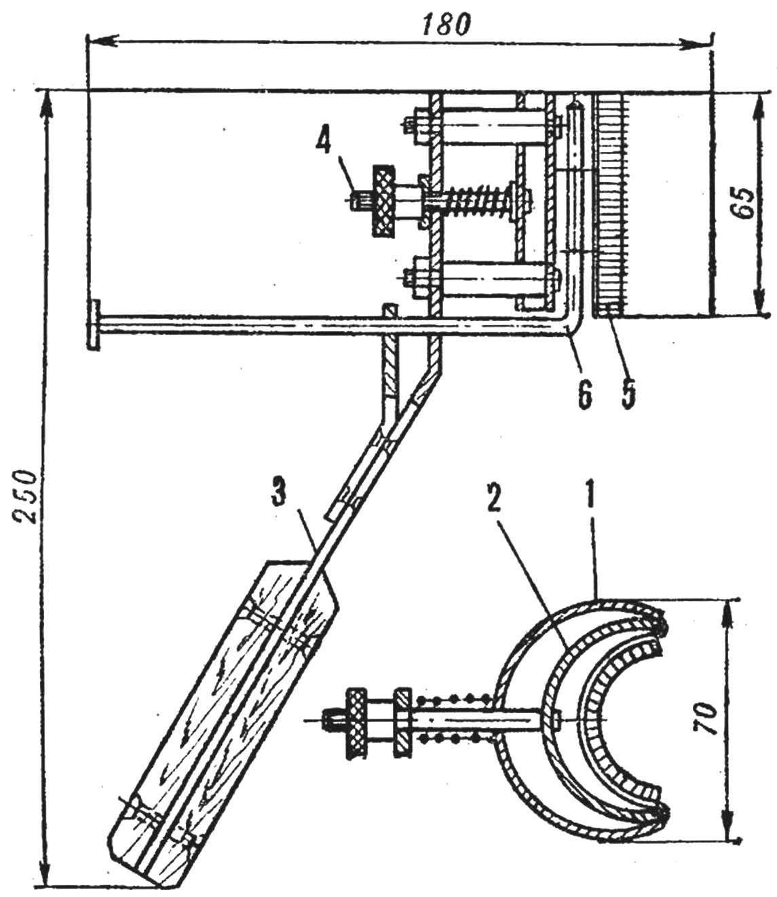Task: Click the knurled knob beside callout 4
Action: (x=383, y=201)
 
